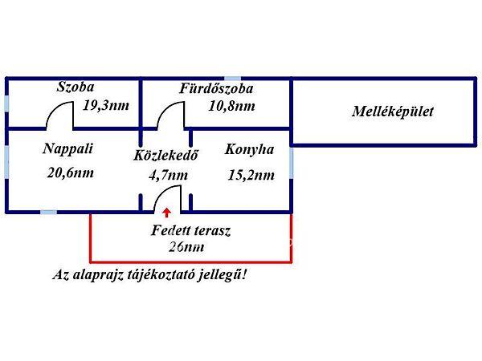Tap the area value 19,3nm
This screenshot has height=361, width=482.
106,105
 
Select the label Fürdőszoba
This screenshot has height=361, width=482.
222,88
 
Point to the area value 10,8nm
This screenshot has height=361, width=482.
231,105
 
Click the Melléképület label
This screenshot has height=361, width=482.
392,112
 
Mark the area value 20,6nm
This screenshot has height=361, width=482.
71,171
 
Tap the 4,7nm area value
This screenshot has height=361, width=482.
169,174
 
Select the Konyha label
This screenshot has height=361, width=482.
249,149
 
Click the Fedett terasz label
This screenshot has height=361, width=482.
191,231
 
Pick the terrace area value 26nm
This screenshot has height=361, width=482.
186,246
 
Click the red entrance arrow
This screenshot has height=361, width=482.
166,212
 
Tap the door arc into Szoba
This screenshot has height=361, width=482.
59,116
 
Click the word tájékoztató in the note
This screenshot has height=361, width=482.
175,274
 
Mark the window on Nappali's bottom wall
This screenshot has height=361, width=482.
48,213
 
